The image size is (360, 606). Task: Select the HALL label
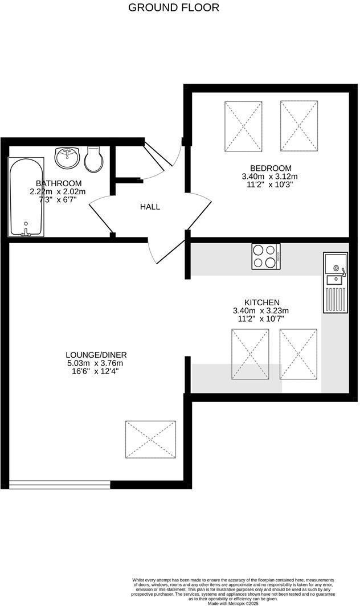[150, 207]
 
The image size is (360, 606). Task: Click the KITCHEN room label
[261, 302]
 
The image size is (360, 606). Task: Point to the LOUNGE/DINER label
[96, 355]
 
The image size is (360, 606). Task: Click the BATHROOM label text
[59, 183]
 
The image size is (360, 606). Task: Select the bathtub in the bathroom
[26, 196]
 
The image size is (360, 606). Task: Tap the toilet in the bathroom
[93, 159]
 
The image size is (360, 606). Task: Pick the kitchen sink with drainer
[336, 282]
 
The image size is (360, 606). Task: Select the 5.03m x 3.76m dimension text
[95, 363]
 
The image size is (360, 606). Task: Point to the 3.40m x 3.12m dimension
[270, 177]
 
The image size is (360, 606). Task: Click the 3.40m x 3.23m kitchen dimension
[261, 311]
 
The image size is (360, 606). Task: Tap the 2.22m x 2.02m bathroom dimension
[58, 192]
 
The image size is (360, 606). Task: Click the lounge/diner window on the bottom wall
[59, 484]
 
